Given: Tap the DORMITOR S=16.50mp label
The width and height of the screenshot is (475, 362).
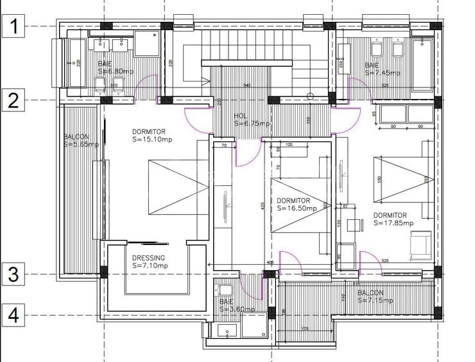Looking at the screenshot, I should (x=297, y=204).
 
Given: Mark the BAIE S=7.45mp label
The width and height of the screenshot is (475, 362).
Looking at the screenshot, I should (x=382, y=69).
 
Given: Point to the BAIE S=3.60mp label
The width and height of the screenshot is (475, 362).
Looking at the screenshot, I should (x=236, y=305).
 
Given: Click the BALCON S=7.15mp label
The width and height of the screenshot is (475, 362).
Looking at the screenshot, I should (x=380, y=296).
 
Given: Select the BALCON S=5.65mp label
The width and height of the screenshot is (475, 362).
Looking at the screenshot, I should (x=81, y=141).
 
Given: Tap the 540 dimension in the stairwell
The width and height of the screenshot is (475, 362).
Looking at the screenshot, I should (x=246, y=85).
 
